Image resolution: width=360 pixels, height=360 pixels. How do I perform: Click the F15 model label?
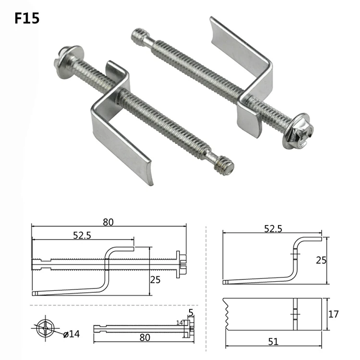coord(27,18)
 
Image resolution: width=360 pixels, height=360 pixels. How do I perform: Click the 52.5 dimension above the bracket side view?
coord(272,229)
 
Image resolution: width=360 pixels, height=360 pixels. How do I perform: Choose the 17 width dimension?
coord(334,314)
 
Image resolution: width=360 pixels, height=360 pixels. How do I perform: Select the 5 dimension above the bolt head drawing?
coord(191,312)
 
